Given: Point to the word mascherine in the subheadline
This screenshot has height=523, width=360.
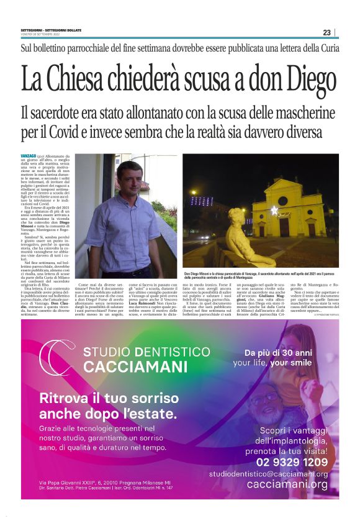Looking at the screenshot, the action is point(302,114).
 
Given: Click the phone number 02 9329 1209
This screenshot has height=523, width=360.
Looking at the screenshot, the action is point(292,462).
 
